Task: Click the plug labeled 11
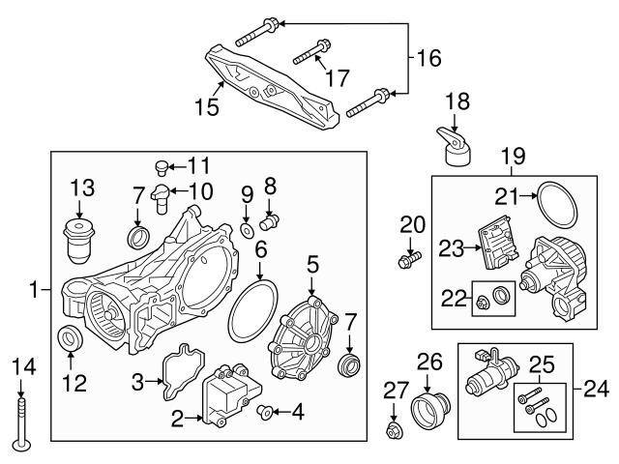(162, 168)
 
